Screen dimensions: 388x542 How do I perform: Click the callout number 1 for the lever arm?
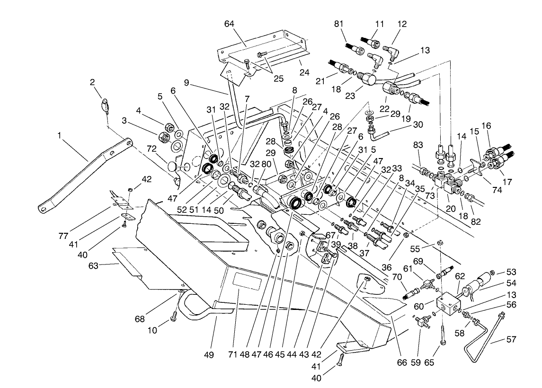tap(60, 136)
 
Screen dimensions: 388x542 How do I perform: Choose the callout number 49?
tap(209, 354)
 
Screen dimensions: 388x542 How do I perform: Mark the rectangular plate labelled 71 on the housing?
tap(247, 283)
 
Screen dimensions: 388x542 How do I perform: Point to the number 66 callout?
tap(402, 362)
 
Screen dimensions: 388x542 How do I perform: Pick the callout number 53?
tap(511, 272)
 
